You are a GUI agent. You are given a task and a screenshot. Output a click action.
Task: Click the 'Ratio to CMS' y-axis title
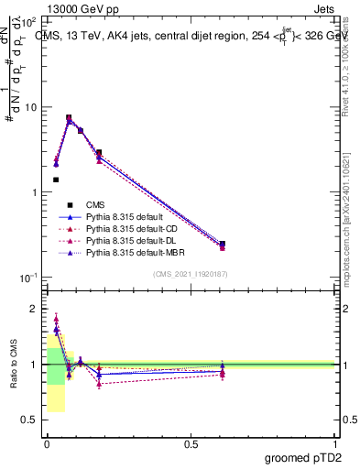pos(14,365)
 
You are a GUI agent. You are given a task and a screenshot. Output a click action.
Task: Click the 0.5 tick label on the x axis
pos(191,443)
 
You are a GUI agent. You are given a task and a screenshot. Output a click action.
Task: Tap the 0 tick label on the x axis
pos(47,443)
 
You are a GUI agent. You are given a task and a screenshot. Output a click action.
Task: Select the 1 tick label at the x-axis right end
pos(335,443)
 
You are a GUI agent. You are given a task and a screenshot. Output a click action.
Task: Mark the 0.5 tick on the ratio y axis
pos(30,420)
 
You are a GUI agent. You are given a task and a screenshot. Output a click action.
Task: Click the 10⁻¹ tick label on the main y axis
pos(28,278)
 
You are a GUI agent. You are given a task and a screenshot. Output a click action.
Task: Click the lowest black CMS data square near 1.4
pos(56,180)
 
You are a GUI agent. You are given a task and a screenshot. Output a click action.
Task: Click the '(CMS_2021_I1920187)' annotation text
pos(190,274)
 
